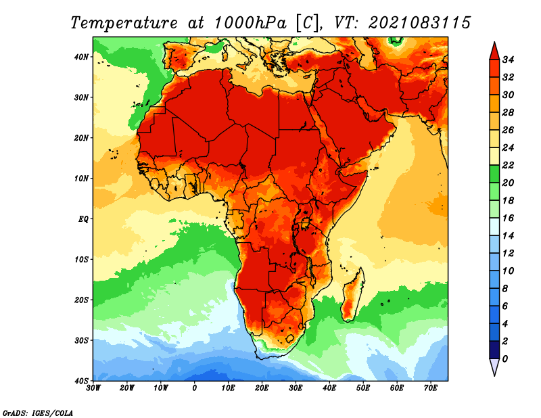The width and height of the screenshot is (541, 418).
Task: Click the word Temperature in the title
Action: point(124,23)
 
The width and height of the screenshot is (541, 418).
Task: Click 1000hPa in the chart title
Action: point(250,23)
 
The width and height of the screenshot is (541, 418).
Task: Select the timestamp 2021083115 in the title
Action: point(419,23)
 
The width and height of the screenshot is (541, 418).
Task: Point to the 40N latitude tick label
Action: point(81,57)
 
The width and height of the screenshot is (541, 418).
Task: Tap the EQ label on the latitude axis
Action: point(83,219)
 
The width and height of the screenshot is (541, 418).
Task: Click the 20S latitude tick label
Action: point(81,300)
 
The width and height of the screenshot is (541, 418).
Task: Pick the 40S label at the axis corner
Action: point(81,381)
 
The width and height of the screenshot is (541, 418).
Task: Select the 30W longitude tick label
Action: point(93,388)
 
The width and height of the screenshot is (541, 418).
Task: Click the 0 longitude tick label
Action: point(195,388)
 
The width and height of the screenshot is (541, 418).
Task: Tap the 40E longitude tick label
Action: point(329,388)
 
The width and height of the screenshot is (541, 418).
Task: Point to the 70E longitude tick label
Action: point(431,388)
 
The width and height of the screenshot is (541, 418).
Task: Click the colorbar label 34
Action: point(508,60)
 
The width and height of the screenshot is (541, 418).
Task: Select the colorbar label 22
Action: point(508,165)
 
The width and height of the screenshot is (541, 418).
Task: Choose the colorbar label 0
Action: point(505,359)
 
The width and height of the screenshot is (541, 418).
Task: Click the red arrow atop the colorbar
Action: point(494,52)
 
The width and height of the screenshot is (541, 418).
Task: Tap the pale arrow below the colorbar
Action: point(494,367)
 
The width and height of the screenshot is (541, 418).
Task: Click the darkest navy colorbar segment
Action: point(494,350)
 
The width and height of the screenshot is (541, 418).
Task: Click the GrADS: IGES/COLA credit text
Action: point(38,413)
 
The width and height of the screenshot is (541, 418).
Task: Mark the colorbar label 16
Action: point(508,218)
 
